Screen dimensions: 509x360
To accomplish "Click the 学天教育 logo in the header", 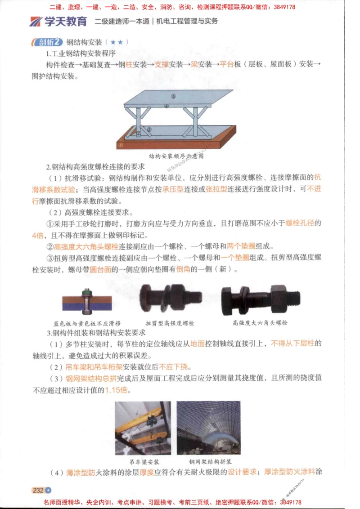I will pyautogui.click(x=58, y=21).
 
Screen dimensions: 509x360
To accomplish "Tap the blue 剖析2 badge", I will pyautogui.click(x=48, y=42).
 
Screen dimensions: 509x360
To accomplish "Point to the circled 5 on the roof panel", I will pyautogui.click(x=173, y=96).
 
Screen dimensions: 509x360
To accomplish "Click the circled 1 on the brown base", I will pyautogui.click(x=121, y=145).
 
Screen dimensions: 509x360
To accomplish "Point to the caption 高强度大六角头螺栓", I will pyautogui.click(x=260, y=322).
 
